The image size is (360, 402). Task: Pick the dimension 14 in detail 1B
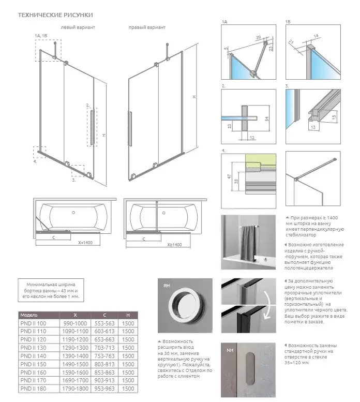click(316, 36)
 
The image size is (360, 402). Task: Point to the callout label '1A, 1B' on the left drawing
click(41, 35)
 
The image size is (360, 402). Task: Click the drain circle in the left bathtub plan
click(73, 212)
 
